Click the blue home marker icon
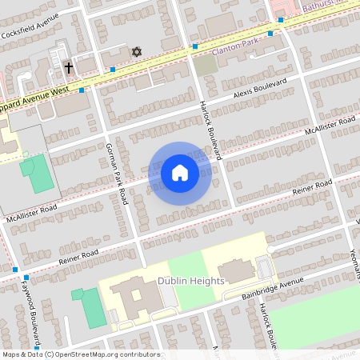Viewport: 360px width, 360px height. tap(180, 173)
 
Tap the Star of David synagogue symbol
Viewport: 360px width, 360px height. tap(136, 52)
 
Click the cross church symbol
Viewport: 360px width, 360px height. tap(69, 68)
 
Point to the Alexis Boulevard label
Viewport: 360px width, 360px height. tap(259, 90)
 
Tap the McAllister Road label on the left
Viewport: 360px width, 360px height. tap(32, 213)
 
